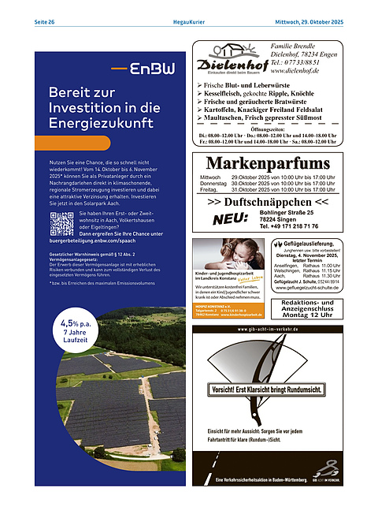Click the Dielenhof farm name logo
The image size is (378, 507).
(228, 64)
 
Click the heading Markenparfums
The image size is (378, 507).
(267, 163)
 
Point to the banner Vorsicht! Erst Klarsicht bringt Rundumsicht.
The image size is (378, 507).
(268, 390)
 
